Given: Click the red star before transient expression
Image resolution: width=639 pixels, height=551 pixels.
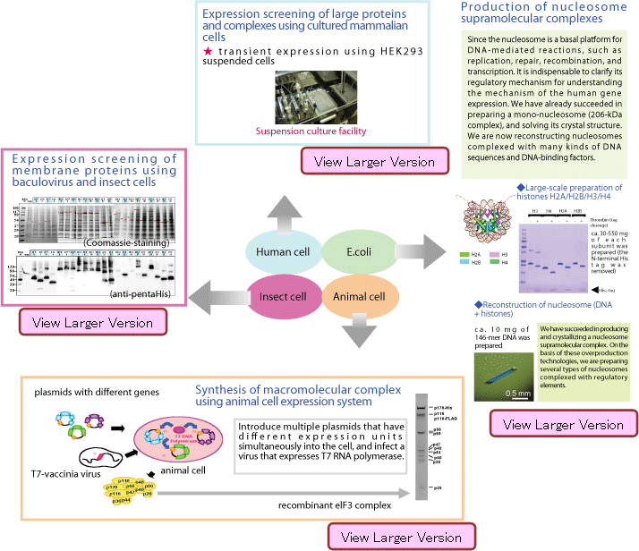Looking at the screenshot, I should [x=209, y=52].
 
